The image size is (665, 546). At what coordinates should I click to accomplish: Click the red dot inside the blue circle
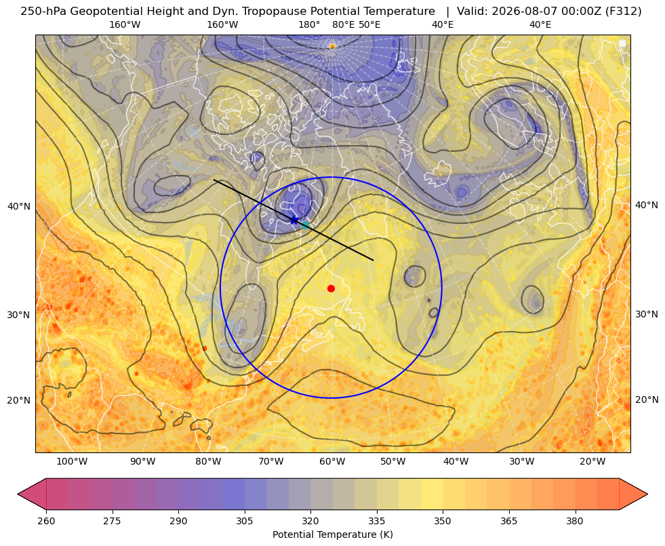331,288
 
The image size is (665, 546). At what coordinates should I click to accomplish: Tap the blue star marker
294,220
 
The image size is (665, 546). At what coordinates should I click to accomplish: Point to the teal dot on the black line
305,225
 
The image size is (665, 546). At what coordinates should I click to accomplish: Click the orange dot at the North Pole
332,46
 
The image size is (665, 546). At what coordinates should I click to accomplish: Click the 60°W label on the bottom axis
332,462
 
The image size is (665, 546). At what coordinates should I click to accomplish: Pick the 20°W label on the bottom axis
592,462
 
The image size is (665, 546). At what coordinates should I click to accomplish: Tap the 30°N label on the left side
19,315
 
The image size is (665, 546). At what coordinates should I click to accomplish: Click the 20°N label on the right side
647,399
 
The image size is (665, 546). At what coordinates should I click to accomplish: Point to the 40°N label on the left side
19,206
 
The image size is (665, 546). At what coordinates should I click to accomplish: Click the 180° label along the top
309,24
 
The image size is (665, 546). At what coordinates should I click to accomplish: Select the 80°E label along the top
343,24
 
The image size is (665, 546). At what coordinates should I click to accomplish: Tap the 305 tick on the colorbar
244,521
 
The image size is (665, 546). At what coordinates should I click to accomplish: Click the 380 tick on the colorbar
575,521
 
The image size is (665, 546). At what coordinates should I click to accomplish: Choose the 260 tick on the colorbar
46,521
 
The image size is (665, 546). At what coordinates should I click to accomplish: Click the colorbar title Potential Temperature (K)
332,534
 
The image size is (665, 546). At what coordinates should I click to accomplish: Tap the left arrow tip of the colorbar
18,494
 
